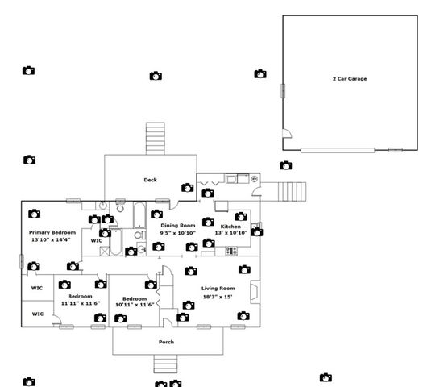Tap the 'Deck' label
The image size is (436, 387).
pos(150,180)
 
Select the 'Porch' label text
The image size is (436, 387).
pos(166,342)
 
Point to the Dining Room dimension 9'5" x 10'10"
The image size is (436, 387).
pos(178,233)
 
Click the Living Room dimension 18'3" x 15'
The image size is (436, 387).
pos(218,296)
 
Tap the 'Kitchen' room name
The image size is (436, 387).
pos(230,227)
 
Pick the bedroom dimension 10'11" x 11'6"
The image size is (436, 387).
pos(134,304)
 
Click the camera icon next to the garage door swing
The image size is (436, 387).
pos(285,165)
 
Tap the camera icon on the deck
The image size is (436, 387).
pos(187,187)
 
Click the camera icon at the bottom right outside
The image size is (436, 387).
pos(326,377)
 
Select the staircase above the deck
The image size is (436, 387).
pos(154,139)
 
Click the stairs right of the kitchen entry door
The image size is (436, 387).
pos(293,192)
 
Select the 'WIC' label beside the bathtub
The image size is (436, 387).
pos(96,240)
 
